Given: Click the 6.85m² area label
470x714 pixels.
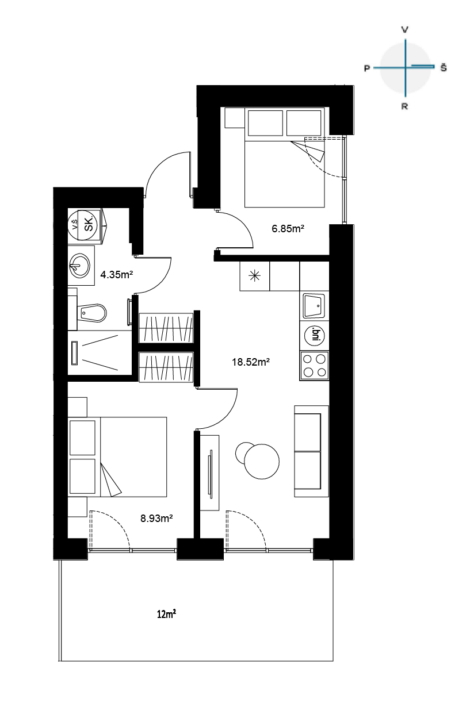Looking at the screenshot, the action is [288, 229].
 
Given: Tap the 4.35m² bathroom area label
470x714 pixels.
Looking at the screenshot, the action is [116, 274].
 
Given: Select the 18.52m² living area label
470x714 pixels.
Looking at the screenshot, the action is [251, 362].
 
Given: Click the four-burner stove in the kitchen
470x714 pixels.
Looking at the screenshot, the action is [314, 366].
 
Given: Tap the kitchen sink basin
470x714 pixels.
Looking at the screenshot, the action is [314, 306].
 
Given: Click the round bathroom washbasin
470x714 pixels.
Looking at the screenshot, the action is [80, 266].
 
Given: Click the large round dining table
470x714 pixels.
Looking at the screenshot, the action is [262, 461].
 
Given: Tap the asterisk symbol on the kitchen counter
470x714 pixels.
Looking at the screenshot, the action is [255, 276].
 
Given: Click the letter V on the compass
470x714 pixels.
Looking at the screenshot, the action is [404, 30].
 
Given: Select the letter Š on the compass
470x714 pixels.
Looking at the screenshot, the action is [444, 67].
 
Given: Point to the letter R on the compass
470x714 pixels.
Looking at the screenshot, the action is [404, 106].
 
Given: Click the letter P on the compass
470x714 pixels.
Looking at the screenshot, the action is [367, 68].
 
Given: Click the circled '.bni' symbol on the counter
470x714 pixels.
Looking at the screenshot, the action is [314, 336].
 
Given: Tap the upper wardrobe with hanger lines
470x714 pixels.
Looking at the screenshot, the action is [166, 328].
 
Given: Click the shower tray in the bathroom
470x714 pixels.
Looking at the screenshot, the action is [100, 352].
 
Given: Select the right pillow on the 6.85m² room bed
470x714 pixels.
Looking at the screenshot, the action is [304, 123].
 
